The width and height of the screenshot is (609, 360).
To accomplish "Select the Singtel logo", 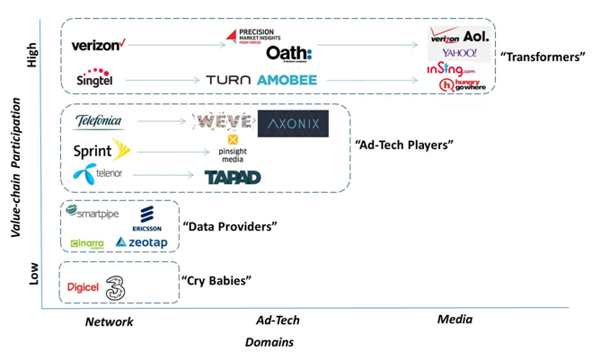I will click(x=94, y=78).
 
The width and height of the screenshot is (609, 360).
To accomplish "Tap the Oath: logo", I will click(x=288, y=54).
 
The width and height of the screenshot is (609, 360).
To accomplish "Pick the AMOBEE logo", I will click(x=287, y=80).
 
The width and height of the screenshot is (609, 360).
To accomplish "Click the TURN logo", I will click(x=227, y=80).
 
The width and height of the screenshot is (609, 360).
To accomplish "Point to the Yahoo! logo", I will click(x=458, y=54).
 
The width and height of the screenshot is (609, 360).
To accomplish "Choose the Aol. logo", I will click(x=476, y=37).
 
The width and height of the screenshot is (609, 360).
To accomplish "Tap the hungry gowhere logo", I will click(x=462, y=85).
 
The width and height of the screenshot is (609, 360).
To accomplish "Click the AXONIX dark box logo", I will click(x=293, y=124).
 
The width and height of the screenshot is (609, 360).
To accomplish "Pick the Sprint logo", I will click(x=101, y=150).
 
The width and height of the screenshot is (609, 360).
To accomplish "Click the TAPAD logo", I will click(x=232, y=177).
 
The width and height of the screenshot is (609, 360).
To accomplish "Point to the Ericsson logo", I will click(x=146, y=218).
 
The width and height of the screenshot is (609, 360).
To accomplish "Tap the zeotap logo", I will click(x=141, y=242).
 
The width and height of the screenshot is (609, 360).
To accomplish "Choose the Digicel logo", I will click(x=83, y=287).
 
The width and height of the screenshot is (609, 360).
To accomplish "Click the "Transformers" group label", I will click(x=543, y=57).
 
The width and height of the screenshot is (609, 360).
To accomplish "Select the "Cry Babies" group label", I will click(x=216, y=281).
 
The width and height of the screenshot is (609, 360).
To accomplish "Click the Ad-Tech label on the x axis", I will click(x=278, y=320).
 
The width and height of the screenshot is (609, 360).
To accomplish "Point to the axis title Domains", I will click(x=269, y=342).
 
